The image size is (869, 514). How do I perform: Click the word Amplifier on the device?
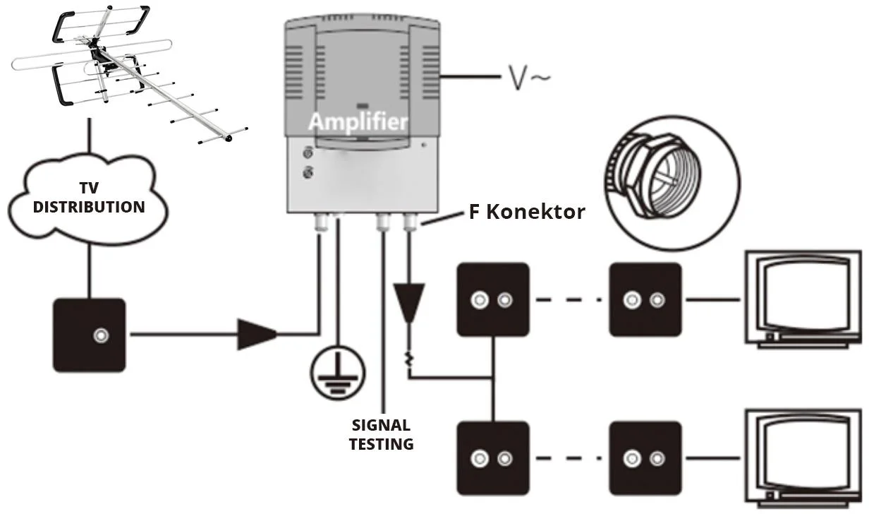tap(358, 121)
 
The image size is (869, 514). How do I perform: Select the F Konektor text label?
tap(527, 212)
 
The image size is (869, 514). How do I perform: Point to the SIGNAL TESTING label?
tap(382, 434)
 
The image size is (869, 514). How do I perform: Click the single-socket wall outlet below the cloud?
tap(90, 335)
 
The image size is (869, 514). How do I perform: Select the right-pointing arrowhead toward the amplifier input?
tap(258, 334)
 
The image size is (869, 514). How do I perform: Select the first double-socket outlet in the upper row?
tap(493, 299)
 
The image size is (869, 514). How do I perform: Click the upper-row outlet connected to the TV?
tap(645, 299)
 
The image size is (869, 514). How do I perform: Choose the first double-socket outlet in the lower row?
tap(493, 458)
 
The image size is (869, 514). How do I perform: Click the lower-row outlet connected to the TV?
tap(645, 458)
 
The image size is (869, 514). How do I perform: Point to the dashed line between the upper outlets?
tap(569, 300)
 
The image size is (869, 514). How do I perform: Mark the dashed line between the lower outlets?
tap(569, 458)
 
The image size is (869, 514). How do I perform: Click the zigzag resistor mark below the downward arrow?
tap(409, 359)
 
